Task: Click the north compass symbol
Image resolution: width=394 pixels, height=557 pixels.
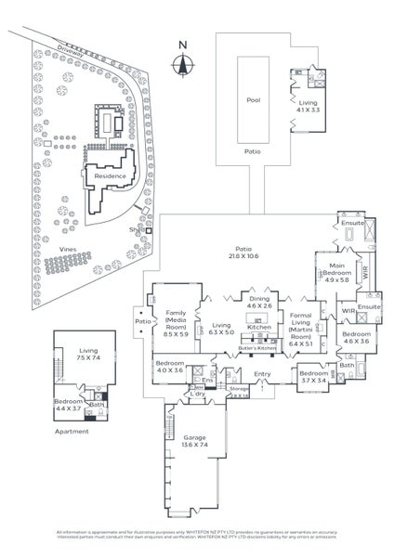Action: [183, 62]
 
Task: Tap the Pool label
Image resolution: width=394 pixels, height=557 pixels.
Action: [253, 100]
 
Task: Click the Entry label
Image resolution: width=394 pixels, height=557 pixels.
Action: [263, 374]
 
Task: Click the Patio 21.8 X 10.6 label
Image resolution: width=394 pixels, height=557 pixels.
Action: [243, 253]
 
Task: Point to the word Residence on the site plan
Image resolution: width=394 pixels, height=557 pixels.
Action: [110, 175]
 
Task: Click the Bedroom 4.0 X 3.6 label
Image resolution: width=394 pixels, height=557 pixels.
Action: [169, 367]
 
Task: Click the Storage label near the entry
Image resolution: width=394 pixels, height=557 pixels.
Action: [239, 390]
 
